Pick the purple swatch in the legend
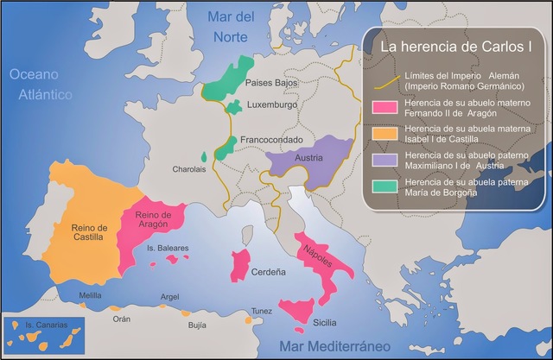(x=385, y=160)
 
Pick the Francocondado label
(x=271, y=138)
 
